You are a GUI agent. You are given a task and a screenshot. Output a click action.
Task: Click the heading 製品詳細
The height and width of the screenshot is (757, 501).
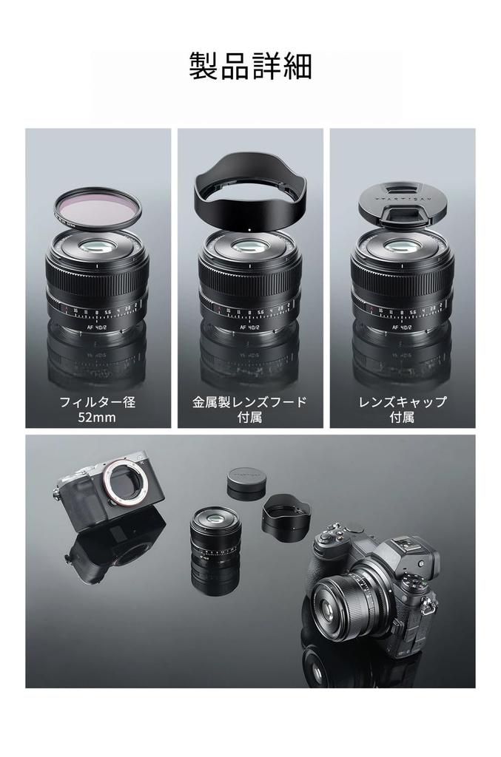250,66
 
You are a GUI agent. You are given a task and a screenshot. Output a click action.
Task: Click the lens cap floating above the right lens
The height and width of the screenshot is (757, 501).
402,202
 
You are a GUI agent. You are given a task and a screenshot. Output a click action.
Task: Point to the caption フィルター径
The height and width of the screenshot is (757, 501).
98,403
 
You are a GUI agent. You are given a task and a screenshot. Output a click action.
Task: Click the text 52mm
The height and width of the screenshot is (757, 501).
98,418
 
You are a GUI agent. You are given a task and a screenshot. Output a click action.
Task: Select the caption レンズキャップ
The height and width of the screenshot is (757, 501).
402,403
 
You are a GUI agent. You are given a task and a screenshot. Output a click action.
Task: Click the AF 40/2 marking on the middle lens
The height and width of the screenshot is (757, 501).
250,326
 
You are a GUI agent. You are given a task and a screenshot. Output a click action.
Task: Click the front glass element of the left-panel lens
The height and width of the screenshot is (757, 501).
98,248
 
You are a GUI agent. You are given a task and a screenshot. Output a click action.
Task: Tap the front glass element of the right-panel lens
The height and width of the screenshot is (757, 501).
402,248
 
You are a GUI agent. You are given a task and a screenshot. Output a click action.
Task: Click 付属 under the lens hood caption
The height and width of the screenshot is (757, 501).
249,418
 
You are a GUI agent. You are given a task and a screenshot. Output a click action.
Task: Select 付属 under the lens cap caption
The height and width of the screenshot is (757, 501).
402,418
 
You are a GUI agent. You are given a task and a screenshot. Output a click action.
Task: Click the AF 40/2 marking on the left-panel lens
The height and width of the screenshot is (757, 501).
97,326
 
